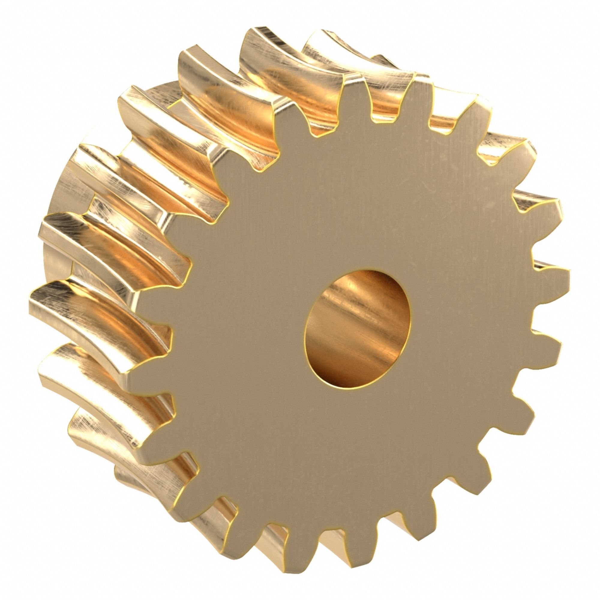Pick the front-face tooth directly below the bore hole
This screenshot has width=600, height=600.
[363, 556]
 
